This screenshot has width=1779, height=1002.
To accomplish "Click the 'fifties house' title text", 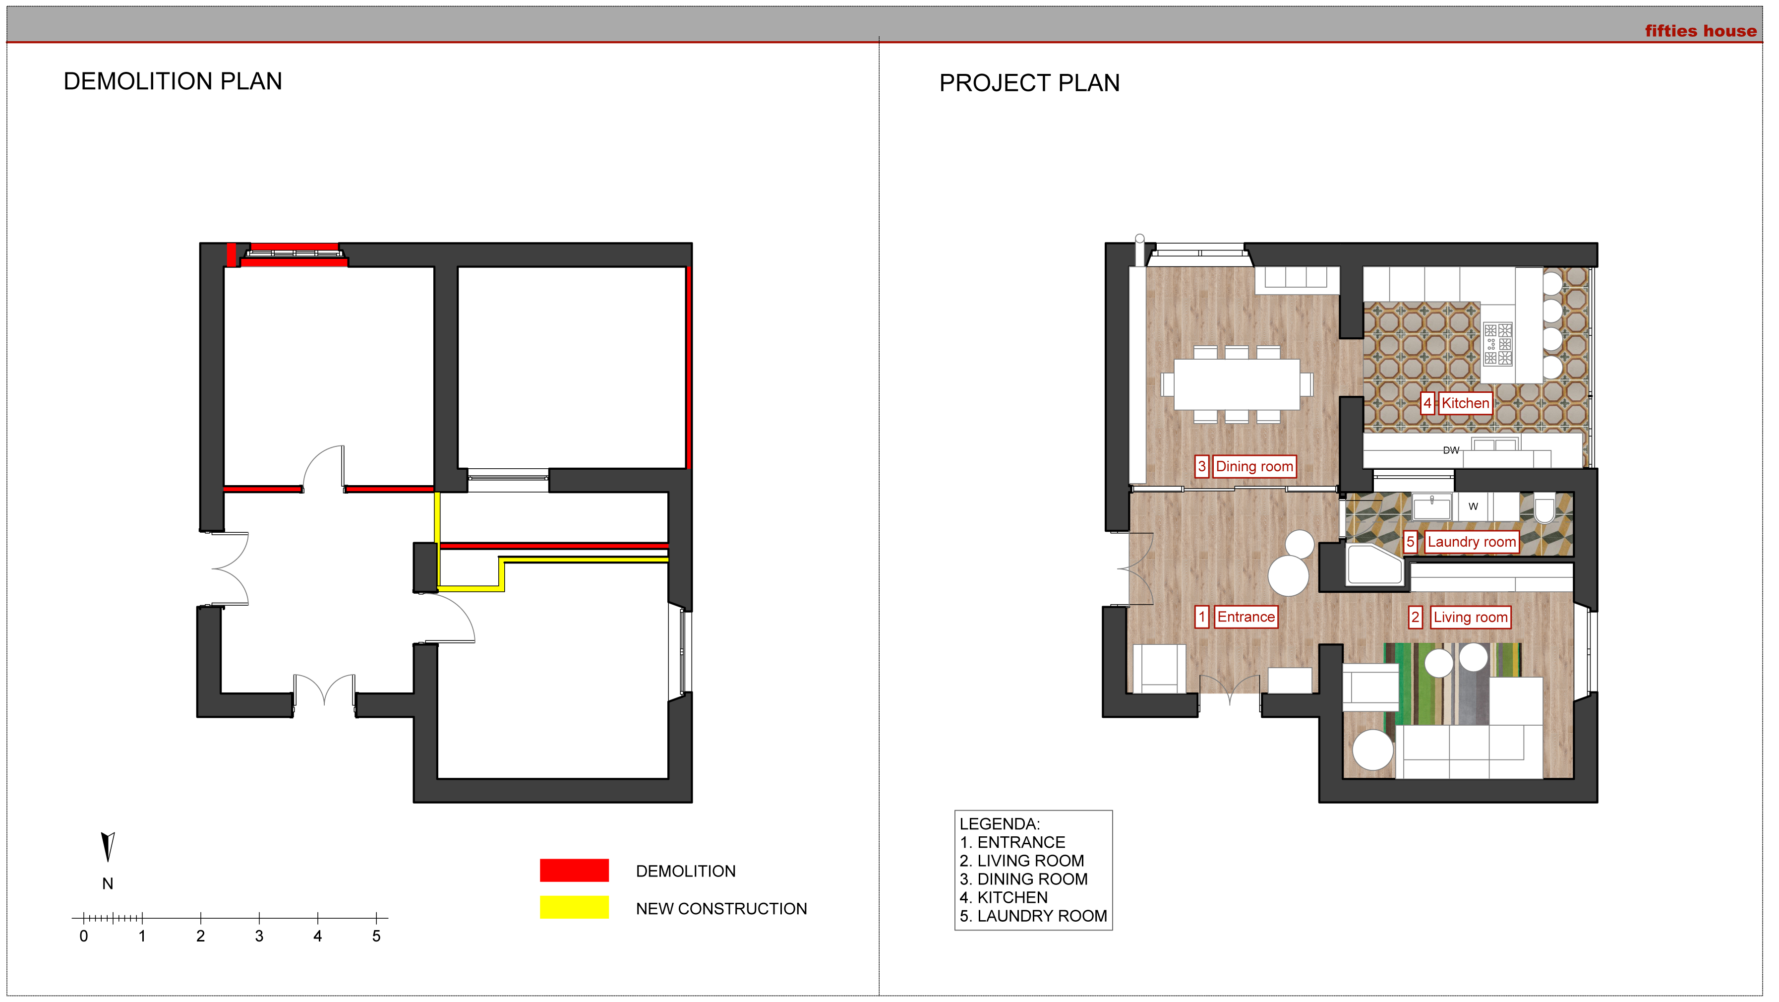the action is (x=1700, y=31).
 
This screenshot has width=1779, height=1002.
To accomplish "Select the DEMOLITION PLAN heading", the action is (x=173, y=81).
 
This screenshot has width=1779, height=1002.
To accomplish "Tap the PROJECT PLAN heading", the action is (x=1029, y=83).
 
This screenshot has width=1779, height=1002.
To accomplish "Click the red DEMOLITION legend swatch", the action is (x=574, y=870).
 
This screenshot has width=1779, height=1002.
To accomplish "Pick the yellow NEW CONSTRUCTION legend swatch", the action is (x=574, y=907).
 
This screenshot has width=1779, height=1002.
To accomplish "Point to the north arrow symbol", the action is (x=108, y=847).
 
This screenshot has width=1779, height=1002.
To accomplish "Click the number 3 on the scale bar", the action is (x=259, y=937).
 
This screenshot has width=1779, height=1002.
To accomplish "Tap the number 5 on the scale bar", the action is (x=376, y=937).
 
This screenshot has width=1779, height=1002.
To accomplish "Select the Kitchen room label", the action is (x=1465, y=403).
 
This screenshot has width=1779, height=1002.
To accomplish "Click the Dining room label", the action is (x=1254, y=466).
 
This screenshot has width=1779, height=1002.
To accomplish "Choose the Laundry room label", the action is (x=1472, y=542).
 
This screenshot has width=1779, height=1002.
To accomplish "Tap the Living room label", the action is (x=1470, y=617).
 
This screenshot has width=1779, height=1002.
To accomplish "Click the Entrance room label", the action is (x=1246, y=617).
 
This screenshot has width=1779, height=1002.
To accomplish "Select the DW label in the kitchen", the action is (x=1451, y=450).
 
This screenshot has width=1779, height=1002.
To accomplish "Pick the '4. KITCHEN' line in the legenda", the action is (x=1004, y=898).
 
